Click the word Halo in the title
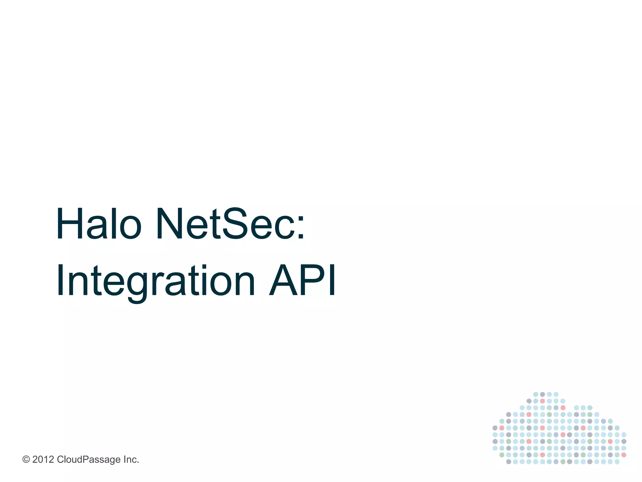click(x=98, y=224)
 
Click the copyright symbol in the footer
click(x=26, y=460)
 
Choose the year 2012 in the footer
click(x=43, y=460)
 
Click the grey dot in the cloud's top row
click(x=542, y=394)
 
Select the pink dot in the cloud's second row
click(x=542, y=401)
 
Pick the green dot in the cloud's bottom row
click(x=563, y=462)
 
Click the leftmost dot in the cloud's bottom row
click(x=508, y=462)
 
